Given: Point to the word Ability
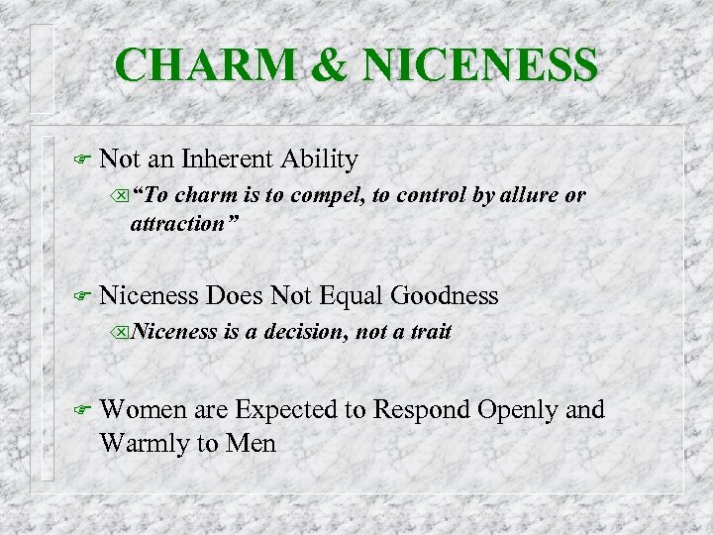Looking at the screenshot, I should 320,159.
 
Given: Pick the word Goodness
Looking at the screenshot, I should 445,294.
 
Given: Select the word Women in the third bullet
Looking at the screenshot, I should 139,408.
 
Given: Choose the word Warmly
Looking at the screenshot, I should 144,443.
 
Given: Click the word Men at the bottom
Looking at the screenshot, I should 253,443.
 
